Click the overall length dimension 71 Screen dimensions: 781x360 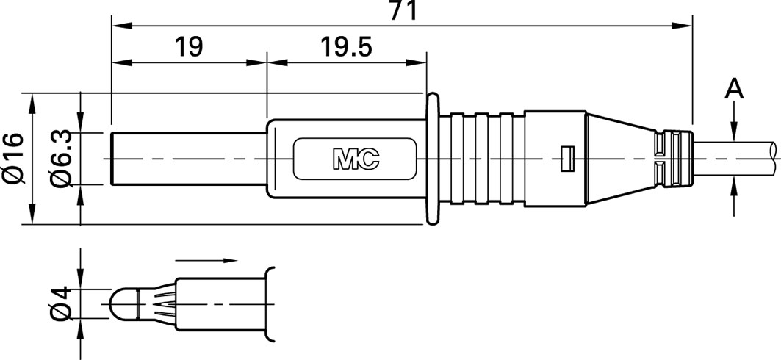pos(403,10)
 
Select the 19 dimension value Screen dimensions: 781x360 pos(190,47)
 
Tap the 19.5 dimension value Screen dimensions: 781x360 pos(345,47)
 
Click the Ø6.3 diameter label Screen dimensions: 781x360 pos(62,159)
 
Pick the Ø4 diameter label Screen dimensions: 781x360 pos(62,303)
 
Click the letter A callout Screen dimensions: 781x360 pos(734,90)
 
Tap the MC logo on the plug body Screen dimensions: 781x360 pos(356,159)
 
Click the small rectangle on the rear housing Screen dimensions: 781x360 pos(567,159)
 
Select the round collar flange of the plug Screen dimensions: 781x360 pos(432,159)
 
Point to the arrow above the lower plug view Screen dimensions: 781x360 pos(206,260)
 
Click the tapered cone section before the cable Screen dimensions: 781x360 pos(621,159)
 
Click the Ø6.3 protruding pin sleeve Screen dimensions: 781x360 pos(190,159)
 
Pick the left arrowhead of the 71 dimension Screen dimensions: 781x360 pos(122,26)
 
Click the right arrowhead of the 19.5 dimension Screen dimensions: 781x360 pos(416,62)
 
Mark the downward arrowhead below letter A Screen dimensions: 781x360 pos(734,134)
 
